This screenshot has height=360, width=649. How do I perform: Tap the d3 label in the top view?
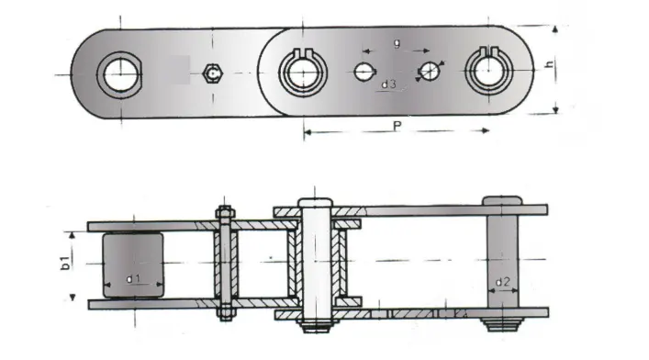[x=388, y=84]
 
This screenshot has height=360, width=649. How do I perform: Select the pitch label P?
[x=396, y=127]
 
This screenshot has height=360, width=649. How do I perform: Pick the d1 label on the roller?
[x=132, y=276]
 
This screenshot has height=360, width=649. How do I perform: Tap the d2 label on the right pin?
[x=503, y=281]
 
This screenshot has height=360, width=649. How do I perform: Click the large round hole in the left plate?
[x=119, y=73]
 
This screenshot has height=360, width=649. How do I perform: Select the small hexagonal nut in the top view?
[x=213, y=71]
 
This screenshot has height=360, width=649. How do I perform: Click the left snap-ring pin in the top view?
[x=303, y=70]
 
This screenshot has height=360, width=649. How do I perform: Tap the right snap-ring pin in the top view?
[x=487, y=70]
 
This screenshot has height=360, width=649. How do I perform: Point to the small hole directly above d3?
[x=364, y=70]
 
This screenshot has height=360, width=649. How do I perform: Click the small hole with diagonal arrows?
[x=429, y=71]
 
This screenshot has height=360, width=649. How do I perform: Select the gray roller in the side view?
[x=132, y=264]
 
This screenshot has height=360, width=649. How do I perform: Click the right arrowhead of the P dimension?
[x=487, y=133]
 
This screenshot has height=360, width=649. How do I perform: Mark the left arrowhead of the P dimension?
[x=306, y=133]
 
